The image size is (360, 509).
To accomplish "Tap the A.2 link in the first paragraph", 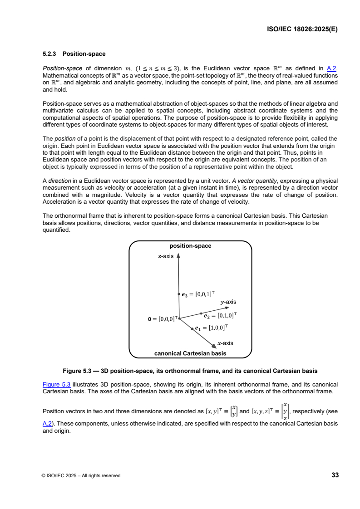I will [x=332, y=68].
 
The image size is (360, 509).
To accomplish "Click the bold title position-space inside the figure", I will [x=190, y=246].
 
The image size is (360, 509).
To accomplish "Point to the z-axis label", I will [x=166, y=256].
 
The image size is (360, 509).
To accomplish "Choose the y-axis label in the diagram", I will [x=228, y=302].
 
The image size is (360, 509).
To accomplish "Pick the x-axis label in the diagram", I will [x=225, y=343].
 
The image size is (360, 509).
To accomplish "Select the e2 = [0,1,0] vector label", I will [x=221, y=315].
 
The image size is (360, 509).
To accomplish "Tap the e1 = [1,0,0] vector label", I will [x=212, y=327].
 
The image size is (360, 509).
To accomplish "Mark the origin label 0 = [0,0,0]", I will [x=162, y=319].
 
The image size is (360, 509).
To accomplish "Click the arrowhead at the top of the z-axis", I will [x=178, y=255].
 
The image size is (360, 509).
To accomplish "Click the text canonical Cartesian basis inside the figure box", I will [x=190, y=353].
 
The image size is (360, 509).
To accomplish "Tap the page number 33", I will [x=335, y=475].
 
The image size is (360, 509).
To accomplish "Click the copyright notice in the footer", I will [x=81, y=475].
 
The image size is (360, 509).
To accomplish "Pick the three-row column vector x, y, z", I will [x=284, y=411].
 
